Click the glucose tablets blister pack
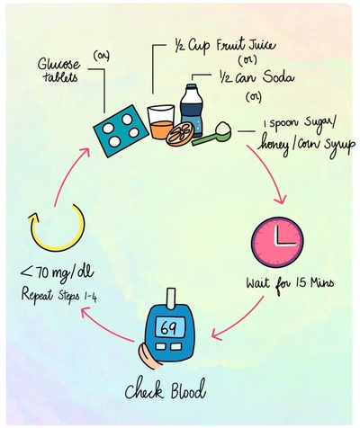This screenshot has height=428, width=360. click(x=121, y=130)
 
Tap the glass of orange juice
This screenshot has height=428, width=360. click(x=161, y=122)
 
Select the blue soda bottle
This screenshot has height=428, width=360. click(x=192, y=111)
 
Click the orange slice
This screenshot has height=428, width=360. click(x=180, y=134)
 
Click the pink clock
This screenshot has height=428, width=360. click(x=277, y=242)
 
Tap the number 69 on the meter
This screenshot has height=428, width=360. click(x=169, y=327)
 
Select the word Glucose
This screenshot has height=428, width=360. click(x=55, y=65)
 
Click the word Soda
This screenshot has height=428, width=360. click(x=278, y=77)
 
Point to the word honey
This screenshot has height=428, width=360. click(x=274, y=146)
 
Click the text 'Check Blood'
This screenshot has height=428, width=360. click(x=166, y=389)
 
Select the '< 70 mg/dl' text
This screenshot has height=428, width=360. click(x=57, y=272)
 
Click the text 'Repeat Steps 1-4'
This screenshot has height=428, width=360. click(x=58, y=295)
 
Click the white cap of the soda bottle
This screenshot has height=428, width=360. click(x=192, y=86)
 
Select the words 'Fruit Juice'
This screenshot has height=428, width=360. click(x=246, y=46)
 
